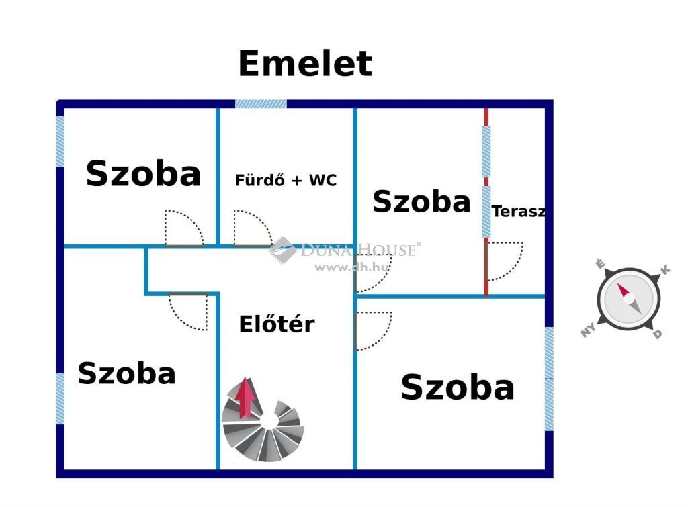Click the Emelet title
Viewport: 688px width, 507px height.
(x=305, y=64)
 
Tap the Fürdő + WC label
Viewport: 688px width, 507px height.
(x=286, y=180)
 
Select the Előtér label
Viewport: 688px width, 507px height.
(x=276, y=324)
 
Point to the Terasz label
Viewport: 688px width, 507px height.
(x=519, y=212)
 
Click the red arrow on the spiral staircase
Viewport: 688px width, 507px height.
(x=245, y=398)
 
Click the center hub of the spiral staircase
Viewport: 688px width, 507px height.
(x=269, y=420)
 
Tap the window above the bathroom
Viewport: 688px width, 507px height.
(x=261, y=104)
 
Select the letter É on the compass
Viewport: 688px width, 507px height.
(x=600, y=264)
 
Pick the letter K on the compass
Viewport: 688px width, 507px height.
(x=665, y=269)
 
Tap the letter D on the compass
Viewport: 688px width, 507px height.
(x=657, y=334)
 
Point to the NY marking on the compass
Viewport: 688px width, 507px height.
(x=589, y=329)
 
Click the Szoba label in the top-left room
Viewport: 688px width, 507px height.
(x=143, y=174)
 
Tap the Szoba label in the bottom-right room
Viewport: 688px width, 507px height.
(x=458, y=387)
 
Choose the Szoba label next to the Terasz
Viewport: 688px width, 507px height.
(x=421, y=201)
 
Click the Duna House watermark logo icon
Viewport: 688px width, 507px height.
(x=283, y=250)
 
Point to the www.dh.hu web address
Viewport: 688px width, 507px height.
(x=352, y=267)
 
